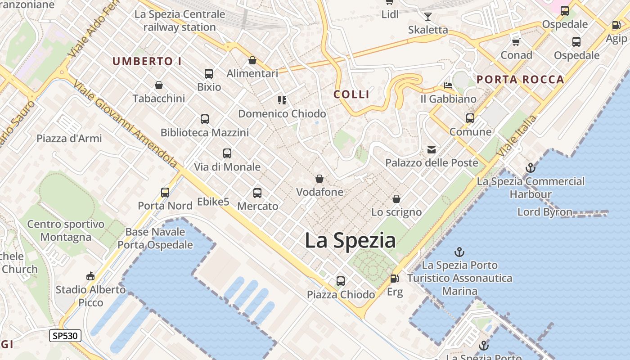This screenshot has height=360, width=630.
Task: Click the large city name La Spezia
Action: coord(350,240)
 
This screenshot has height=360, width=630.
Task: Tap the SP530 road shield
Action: coord(65,336)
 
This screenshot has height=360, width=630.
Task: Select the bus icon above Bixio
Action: coord(208,74)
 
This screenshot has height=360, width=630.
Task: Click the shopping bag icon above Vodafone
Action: coord(319,179)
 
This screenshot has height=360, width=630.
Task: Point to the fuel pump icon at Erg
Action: coord(394,279)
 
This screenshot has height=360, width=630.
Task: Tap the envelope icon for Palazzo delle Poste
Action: coord(432,150)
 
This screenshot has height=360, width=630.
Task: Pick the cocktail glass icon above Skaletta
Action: coord(427,17)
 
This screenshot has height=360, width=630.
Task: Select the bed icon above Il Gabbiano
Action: coord(448,85)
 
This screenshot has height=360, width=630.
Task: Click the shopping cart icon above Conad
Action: coord(516,42)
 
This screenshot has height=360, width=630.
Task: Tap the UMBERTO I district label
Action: coord(147,62)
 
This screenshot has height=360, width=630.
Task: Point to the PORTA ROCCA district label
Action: coord(520,80)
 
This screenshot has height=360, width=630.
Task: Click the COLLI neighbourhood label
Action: coord(351,94)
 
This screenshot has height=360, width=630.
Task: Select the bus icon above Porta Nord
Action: coord(165,193)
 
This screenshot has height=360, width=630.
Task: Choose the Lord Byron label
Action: coord(544,212)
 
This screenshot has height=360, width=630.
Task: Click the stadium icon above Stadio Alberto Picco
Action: coord(90,276)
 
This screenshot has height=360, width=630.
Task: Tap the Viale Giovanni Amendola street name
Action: coord(126,124)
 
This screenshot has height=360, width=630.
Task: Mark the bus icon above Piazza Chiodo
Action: coord(341,281)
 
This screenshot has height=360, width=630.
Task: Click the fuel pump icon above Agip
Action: coord(616,26)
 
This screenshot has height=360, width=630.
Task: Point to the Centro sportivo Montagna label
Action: coord(66,230)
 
